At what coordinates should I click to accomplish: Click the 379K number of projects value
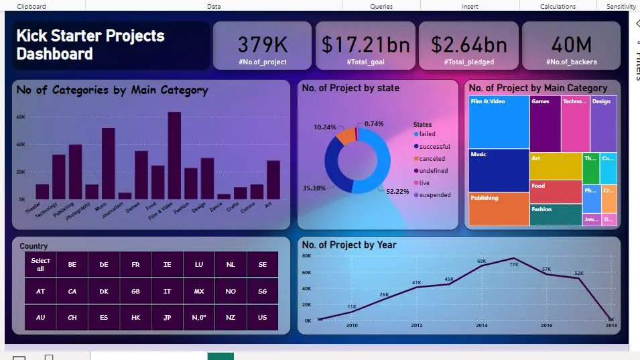(263, 44)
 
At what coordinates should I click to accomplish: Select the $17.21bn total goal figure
(365, 44)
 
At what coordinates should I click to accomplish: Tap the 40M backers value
(571, 44)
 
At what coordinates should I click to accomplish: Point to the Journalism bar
(125, 196)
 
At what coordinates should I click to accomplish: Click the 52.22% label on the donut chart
(397, 192)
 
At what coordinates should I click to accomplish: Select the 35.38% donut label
(314, 188)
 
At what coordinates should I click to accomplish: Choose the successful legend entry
(434, 147)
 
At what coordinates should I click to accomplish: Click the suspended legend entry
(434, 195)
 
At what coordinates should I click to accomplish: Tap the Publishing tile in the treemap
(499, 209)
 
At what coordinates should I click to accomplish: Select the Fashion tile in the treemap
(556, 215)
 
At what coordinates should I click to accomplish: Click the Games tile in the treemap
(545, 124)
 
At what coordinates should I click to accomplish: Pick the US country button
(262, 318)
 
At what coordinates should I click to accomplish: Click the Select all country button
(40, 264)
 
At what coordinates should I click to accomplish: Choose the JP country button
(167, 318)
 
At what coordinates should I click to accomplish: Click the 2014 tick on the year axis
(482, 326)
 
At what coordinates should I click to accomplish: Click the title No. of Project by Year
(348, 245)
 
